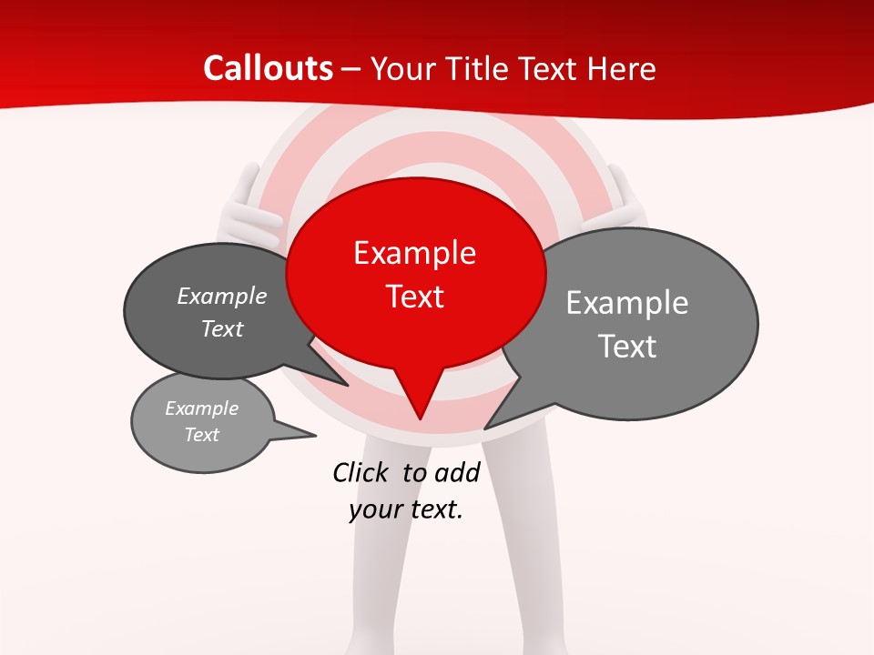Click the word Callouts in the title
tap(268, 68)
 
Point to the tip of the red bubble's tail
tap(420, 418)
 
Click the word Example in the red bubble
tap(414, 253)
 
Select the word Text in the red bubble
tap(415, 297)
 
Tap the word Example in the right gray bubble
tap(627, 303)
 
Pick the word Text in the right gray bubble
tap(627, 347)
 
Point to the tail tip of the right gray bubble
tap(484, 428)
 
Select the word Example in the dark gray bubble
tap(222, 297)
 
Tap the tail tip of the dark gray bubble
tap(348, 386)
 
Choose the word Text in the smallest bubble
tap(202, 435)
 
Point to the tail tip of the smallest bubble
tap(316, 435)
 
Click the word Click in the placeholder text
tap(362, 472)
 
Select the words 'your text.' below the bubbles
tap(406, 509)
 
